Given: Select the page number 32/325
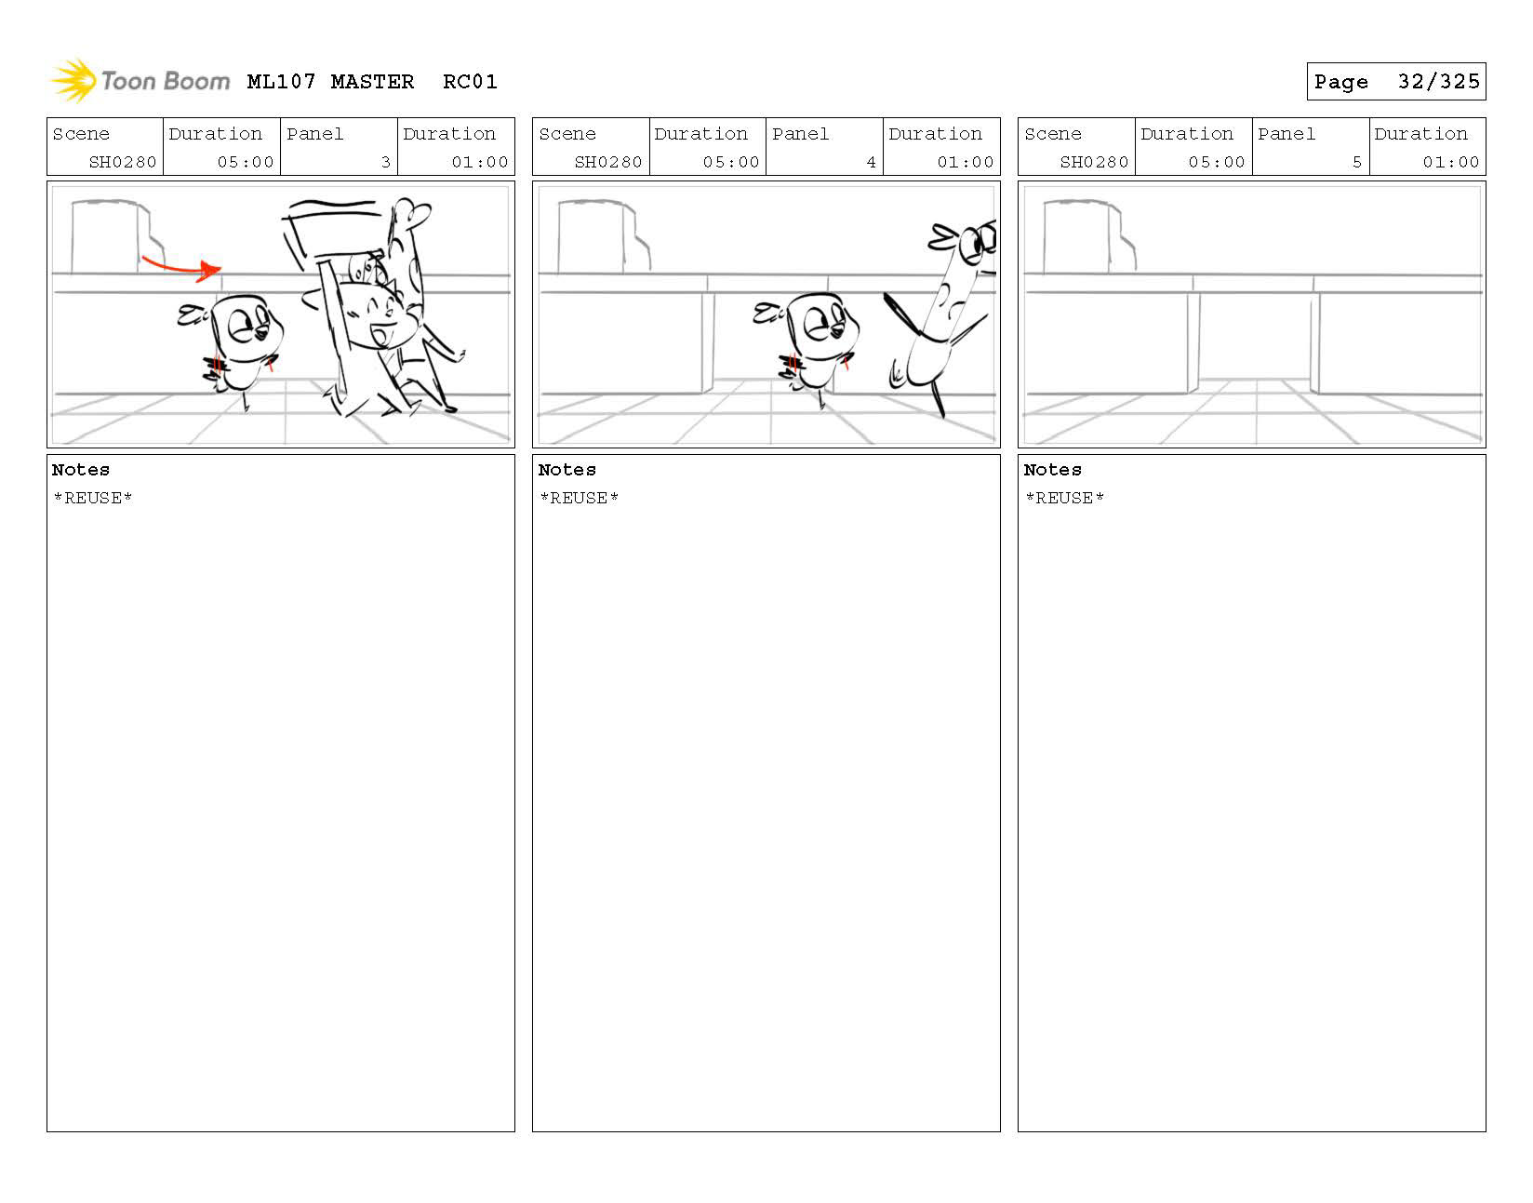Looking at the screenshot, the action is point(1438,82).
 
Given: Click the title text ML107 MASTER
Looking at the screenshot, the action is point(330,82).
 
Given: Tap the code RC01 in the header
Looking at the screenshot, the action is point(470,82).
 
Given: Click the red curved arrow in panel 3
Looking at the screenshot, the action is point(181,266).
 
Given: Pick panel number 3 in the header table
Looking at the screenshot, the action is point(385,162).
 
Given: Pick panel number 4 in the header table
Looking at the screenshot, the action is point(871,162).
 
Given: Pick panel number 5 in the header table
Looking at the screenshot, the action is point(1356,162).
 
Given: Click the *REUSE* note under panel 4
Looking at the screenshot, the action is point(579,499).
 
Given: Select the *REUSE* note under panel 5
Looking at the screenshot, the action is point(1064,499).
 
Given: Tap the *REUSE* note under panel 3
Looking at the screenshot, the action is point(93,499).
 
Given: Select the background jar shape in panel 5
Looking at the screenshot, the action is point(1079,236).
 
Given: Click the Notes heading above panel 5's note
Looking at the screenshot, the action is point(1052,470).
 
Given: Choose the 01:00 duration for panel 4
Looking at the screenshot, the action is point(966,162).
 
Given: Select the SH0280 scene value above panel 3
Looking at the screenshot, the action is point(123,162).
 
